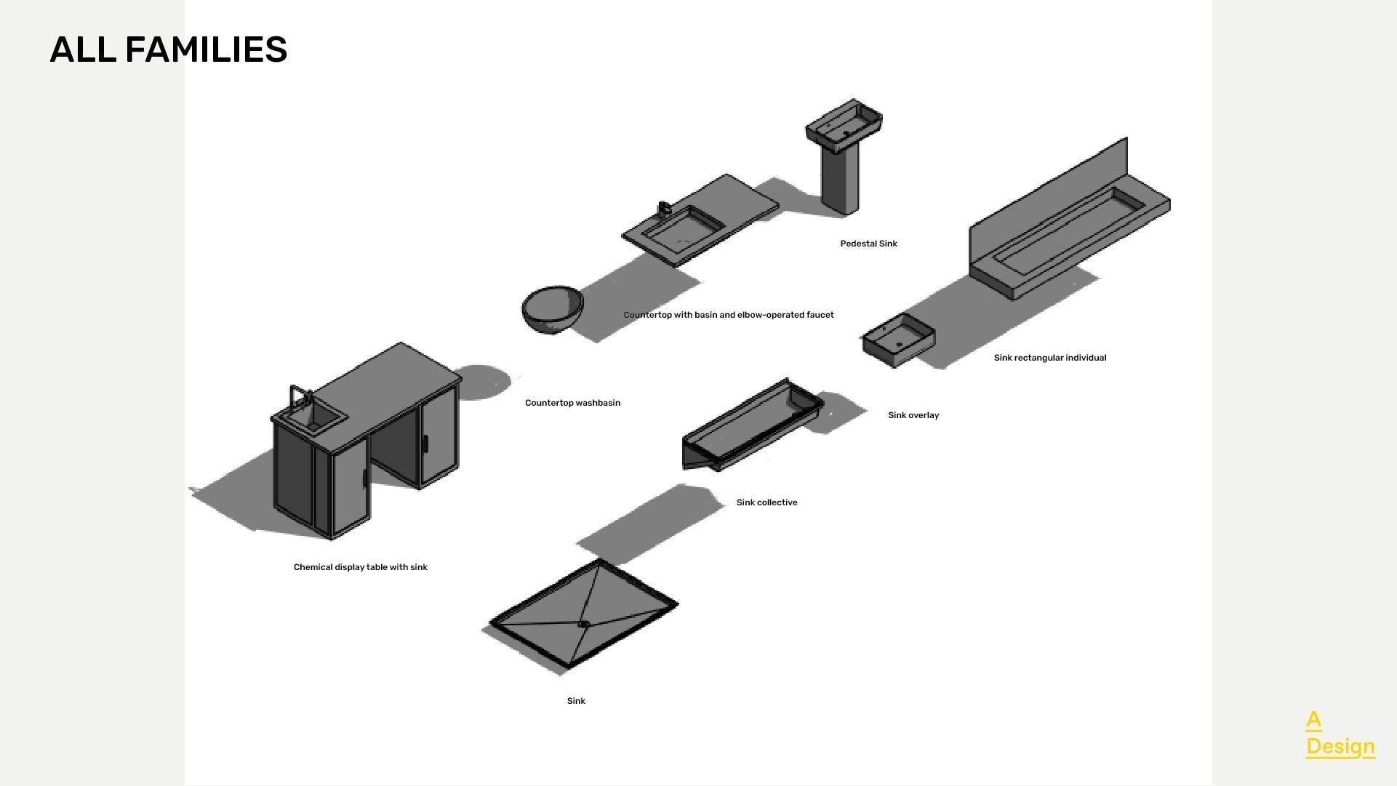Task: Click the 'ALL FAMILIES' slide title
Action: tap(168, 49)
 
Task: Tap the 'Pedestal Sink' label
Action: tap(868, 244)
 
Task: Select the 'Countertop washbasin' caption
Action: tap(572, 403)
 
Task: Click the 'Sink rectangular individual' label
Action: tap(1049, 358)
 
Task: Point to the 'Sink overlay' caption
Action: tap(913, 415)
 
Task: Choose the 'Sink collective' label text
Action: tap(766, 502)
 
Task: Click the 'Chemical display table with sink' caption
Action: tap(360, 567)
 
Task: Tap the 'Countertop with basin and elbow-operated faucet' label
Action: tap(728, 315)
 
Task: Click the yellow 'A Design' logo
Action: tap(1340, 734)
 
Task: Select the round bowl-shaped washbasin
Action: tap(553, 309)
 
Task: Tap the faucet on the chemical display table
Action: tap(300, 398)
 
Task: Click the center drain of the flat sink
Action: tap(583, 624)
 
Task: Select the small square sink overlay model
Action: tap(899, 340)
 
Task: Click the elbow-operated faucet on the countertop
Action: tap(664, 209)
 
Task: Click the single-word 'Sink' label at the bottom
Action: tap(576, 701)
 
